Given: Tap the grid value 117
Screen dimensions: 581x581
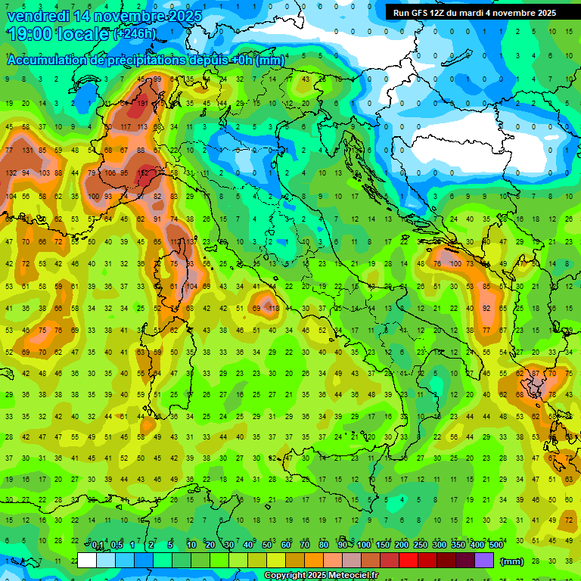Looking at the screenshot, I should coord(126,126).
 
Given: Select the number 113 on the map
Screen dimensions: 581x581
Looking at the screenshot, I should coord(142,126).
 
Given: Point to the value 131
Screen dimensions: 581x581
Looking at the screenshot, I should coord(28,150).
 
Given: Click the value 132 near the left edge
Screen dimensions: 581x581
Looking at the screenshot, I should coord(11,172).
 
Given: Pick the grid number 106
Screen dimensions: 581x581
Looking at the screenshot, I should coord(110,172).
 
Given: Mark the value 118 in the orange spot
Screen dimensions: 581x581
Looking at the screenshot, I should coord(274,308).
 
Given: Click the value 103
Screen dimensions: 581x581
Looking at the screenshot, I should coord(45,172).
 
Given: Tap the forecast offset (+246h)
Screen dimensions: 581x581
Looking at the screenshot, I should coord(135,34).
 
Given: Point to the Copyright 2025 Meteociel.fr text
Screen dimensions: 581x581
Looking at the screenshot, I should coord(321,576).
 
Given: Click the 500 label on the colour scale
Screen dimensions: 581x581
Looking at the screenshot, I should coord(496,545).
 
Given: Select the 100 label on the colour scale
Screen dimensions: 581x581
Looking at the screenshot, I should coord(364,545).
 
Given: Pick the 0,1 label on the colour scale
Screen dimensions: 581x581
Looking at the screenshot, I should coord(98,545).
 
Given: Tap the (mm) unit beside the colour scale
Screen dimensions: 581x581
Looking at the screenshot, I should coord(512,561).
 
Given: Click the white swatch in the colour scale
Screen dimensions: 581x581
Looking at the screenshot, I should coord(87,561).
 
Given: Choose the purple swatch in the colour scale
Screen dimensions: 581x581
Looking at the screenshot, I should coord(485,561).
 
